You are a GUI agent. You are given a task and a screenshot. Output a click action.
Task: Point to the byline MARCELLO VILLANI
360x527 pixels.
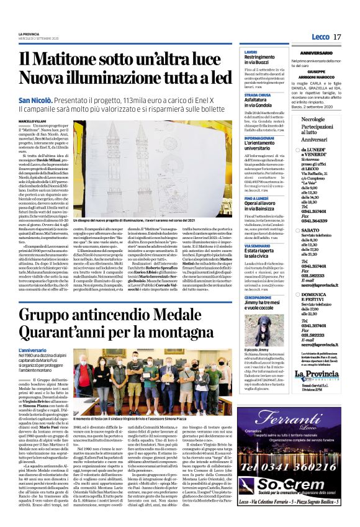click(32, 121)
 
